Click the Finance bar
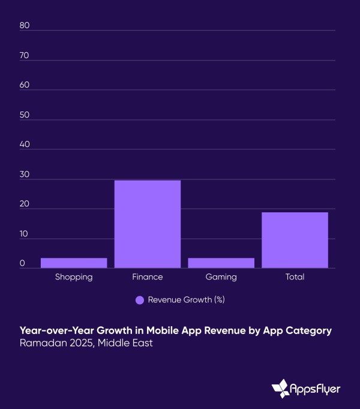coord(148,224)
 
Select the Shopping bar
coord(74,263)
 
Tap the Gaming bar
coord(221,263)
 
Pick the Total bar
coord(295,240)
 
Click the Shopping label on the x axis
coord(74,277)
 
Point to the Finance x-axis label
coord(148,277)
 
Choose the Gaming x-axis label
coord(221,277)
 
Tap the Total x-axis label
coord(295,277)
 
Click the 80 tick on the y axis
coord(24,25)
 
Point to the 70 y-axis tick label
coord(24,55)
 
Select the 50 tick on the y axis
coord(24,115)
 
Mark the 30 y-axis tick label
coord(24,174)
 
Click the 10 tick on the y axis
coord(24,233)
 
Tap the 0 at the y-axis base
coord(22,263)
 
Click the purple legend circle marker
coord(140,300)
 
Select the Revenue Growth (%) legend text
coord(186,300)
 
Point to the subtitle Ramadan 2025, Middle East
coord(86,344)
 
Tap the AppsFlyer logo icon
coord(280,389)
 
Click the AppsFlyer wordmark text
coord(316,389)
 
